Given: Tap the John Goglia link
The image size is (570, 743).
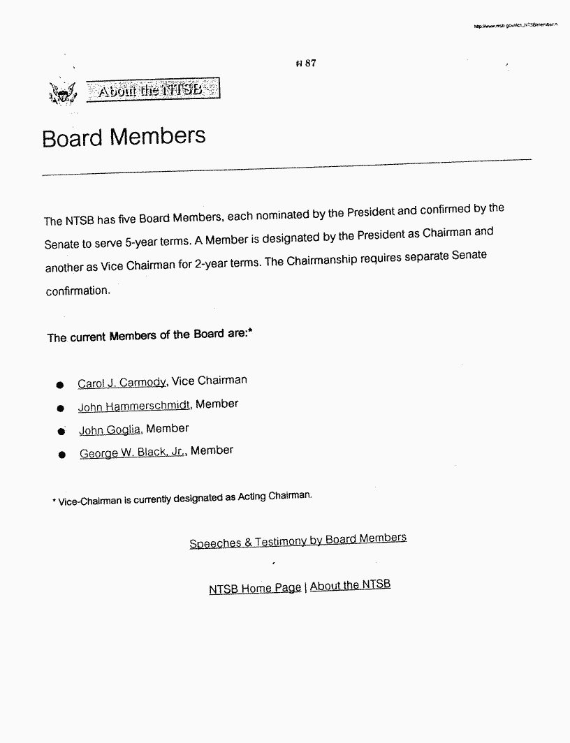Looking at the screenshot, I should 110,430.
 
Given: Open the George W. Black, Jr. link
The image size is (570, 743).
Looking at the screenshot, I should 133,453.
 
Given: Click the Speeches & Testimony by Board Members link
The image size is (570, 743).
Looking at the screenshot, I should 298,540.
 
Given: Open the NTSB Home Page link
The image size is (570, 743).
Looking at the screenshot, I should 255,589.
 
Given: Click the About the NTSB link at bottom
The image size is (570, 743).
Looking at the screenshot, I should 350,585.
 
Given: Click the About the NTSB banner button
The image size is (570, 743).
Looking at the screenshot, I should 152,91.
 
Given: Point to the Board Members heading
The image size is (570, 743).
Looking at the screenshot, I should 124,136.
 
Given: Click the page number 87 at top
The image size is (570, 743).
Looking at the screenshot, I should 307,64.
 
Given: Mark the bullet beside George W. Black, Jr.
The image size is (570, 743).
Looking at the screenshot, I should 62,455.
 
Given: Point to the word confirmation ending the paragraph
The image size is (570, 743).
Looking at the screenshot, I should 78,291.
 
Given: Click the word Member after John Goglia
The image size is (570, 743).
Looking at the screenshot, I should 168,428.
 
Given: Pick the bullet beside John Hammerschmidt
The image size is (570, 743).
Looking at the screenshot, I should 61,409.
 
